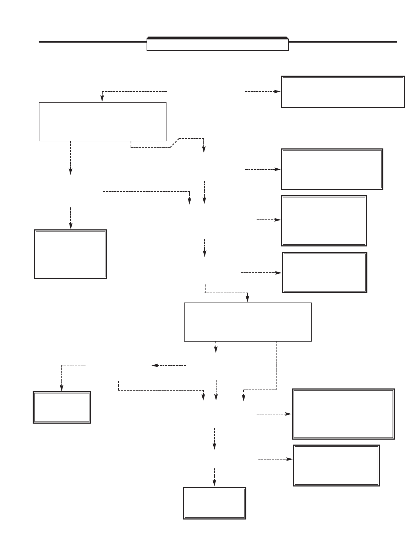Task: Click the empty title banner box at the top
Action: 218,45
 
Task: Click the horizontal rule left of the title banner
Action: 92,42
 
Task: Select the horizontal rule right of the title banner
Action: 343,42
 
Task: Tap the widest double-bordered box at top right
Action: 343,92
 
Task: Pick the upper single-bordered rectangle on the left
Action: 103,122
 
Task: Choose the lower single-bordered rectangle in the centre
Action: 248,322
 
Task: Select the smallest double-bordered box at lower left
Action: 62,407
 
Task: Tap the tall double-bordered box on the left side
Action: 71,254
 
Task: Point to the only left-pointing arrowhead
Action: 154,365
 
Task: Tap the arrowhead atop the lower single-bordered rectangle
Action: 247,299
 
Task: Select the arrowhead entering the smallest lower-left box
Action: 62,388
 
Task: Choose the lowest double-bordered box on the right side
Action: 336,465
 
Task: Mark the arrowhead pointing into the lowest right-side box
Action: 290,459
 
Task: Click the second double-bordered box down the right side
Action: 332,169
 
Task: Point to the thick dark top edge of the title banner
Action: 218,38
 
